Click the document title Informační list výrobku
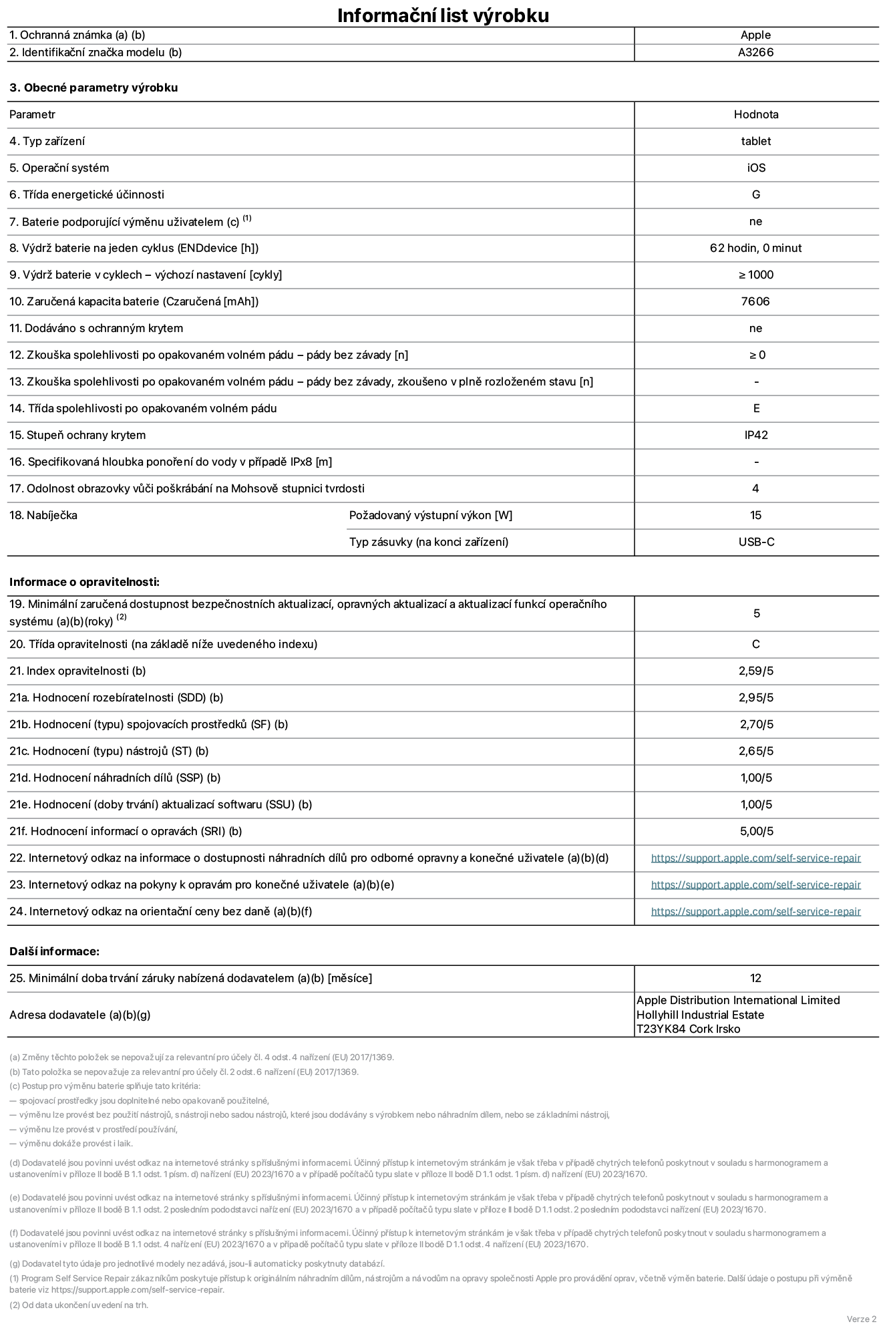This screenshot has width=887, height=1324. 443,15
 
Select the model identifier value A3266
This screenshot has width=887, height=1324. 755,53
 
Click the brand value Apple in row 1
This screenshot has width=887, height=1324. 755,35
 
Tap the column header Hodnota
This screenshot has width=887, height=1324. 755,114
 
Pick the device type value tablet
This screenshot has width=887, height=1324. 755,141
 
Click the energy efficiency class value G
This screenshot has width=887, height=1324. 755,194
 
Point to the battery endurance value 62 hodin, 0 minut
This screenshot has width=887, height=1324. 755,248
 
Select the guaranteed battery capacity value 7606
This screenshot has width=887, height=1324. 755,301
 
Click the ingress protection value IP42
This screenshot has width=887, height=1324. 755,435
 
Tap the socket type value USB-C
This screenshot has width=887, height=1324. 756,542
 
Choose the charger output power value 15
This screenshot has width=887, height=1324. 755,515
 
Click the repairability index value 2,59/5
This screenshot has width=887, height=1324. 755,671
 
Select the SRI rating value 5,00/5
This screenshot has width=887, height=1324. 756,831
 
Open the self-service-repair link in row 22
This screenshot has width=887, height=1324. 755,858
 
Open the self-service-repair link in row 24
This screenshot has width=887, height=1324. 755,912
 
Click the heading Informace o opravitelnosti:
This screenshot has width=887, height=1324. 85,582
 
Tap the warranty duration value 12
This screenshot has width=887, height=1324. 755,978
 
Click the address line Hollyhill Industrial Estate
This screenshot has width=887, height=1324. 700,1015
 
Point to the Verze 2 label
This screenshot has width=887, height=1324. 861,1319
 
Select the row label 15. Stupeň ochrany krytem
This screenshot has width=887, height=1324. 77,435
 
